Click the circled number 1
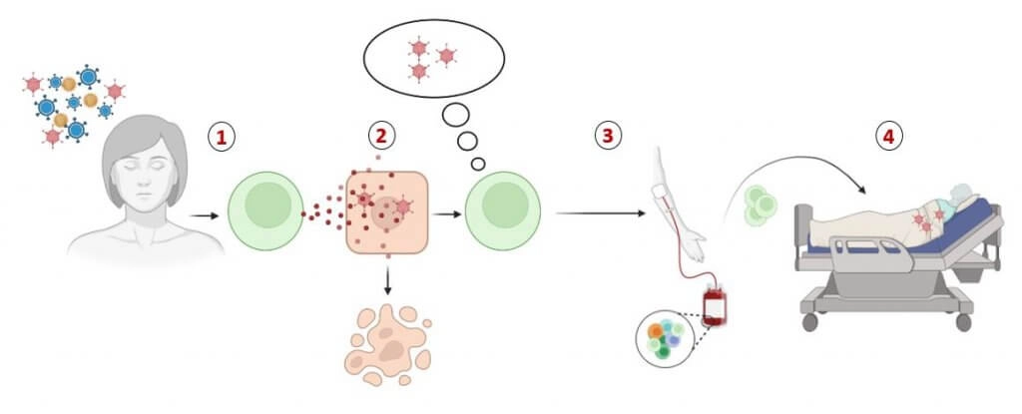click(223, 138)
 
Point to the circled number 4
click(887, 137)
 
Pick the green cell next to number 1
click(264, 212)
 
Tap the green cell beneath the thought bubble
click(505, 212)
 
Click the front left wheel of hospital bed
click(809, 323)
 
